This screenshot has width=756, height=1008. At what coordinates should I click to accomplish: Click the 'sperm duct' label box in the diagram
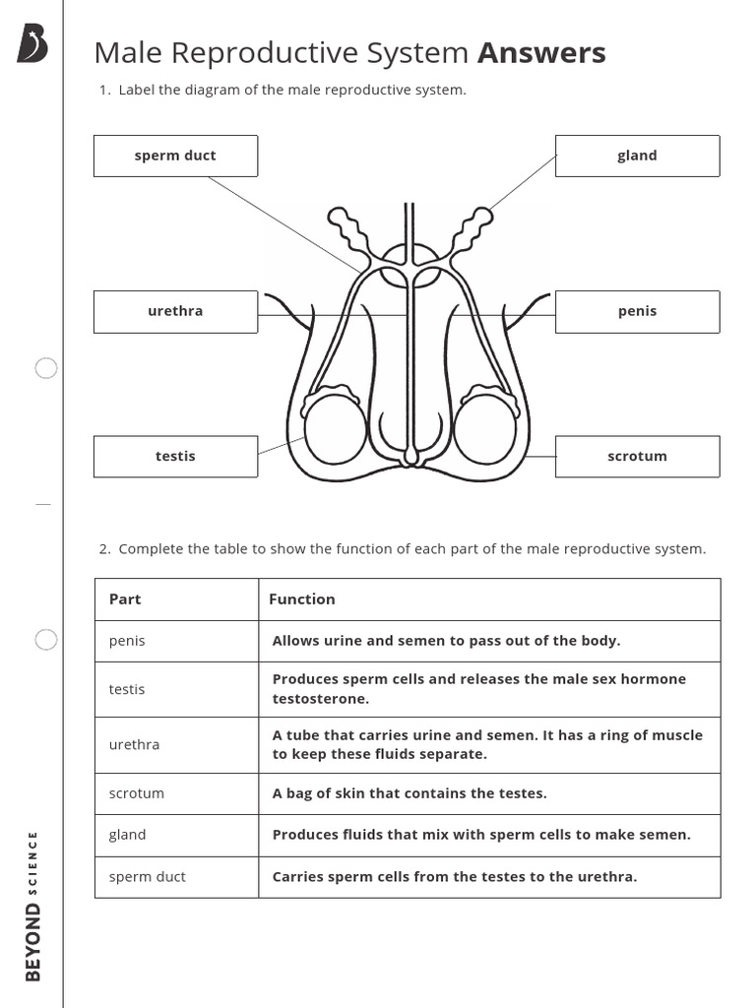click(175, 156)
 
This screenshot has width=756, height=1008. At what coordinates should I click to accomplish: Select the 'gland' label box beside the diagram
click(637, 156)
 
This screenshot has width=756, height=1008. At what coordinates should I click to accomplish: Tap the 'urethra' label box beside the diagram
click(175, 311)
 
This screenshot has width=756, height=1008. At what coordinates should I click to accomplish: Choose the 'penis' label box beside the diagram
click(637, 311)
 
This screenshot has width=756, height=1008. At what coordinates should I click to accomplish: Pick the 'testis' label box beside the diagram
click(175, 456)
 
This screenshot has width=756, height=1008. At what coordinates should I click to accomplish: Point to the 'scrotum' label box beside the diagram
click(637, 456)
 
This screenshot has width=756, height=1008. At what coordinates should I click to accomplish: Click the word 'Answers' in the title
click(541, 53)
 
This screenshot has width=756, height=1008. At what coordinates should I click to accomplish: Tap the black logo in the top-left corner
click(31, 44)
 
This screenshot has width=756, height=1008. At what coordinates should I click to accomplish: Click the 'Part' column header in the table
click(125, 598)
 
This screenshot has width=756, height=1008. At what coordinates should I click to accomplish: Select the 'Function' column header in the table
click(302, 598)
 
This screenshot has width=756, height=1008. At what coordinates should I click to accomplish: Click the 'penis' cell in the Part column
click(127, 641)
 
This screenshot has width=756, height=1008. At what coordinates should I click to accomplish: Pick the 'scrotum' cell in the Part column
click(137, 793)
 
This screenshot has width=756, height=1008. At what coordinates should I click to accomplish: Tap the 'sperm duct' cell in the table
click(147, 876)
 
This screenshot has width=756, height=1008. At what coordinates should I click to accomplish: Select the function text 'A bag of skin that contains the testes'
click(409, 793)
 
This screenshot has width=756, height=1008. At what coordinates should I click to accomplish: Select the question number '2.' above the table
click(104, 549)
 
